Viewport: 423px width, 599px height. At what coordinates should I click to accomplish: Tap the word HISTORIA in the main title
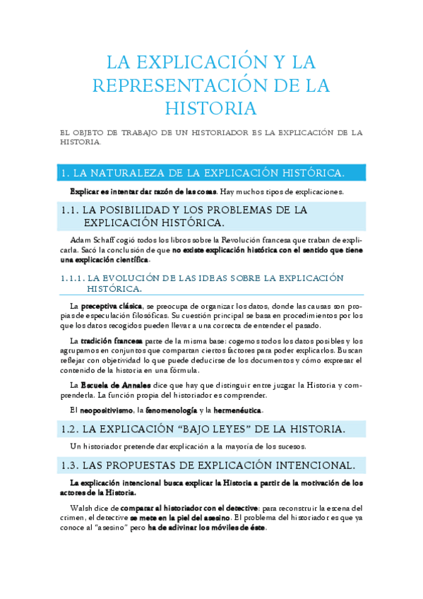(211, 109)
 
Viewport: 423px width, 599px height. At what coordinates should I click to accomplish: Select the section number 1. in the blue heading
(65, 173)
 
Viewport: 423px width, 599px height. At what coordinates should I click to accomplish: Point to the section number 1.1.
(70, 210)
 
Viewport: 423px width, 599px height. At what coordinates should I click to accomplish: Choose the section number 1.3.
(70, 465)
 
